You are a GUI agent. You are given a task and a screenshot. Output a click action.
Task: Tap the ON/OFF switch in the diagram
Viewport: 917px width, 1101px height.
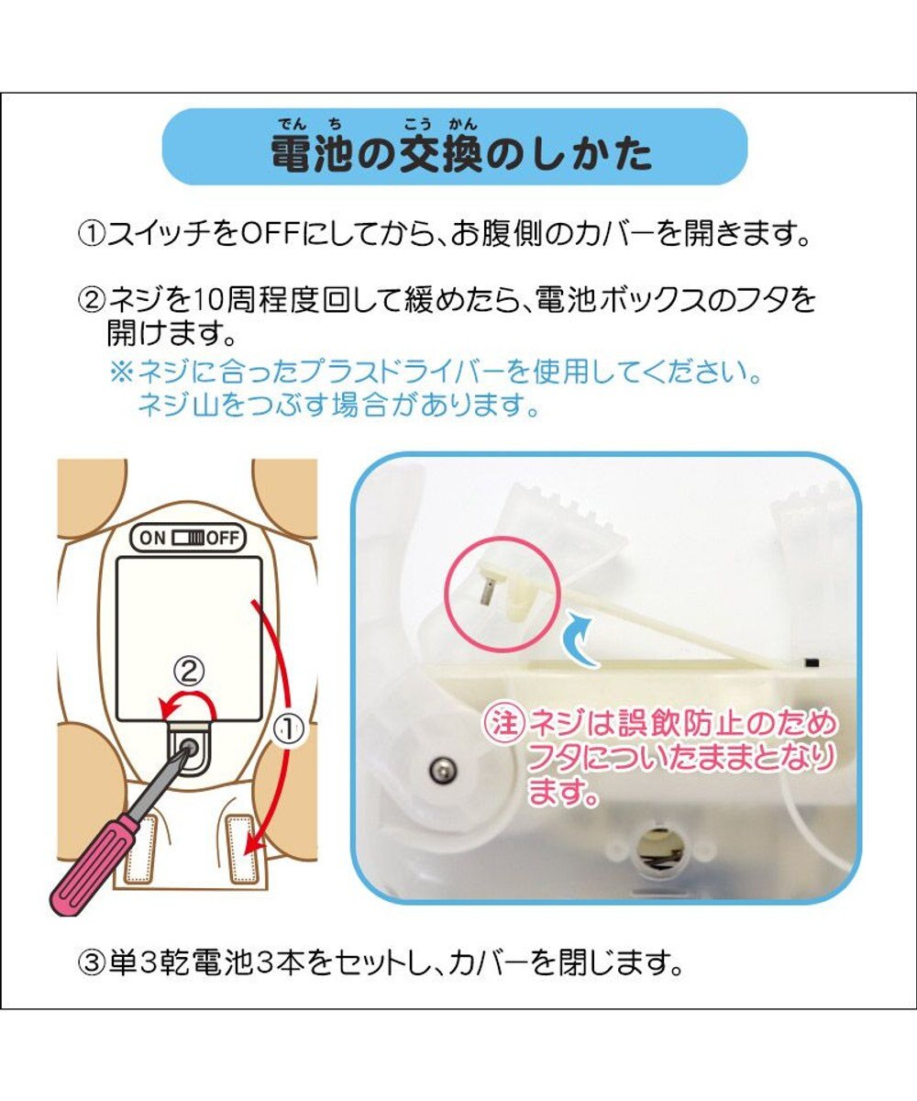coord(188,538)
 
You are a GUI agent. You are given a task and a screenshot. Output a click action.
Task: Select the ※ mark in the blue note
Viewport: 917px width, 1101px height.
coord(121,373)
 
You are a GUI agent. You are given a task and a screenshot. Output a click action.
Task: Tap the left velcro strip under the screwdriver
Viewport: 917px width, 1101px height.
coord(141,849)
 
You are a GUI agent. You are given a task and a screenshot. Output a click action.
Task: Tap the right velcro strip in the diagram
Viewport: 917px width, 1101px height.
coord(245,849)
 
